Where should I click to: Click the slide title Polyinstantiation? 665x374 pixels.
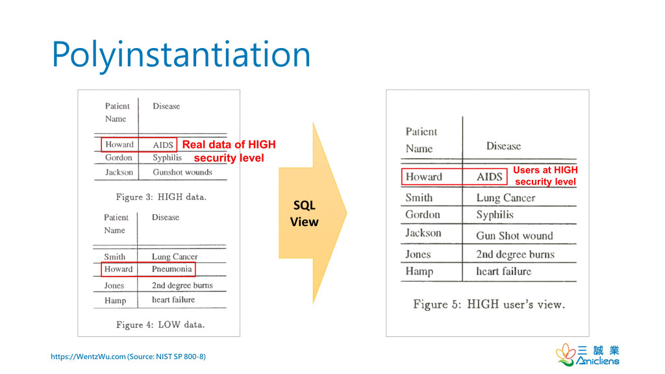(x=181, y=55)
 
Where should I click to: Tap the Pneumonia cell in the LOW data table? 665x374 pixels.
(x=171, y=269)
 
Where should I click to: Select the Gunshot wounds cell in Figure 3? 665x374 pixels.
(x=182, y=172)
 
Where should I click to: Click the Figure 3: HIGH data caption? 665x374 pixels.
(x=161, y=197)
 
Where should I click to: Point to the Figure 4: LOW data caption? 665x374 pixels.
(x=160, y=325)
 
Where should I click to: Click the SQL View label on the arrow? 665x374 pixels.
(x=304, y=213)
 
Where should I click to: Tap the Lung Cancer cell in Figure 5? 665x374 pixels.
(x=505, y=198)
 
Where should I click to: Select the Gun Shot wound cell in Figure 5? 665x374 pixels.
(x=514, y=235)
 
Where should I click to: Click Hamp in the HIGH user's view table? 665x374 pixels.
(x=419, y=271)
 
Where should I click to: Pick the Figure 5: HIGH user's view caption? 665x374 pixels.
(x=489, y=305)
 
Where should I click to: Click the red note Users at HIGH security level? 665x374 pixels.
(x=546, y=176)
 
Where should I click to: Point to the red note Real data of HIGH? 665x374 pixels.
(x=229, y=145)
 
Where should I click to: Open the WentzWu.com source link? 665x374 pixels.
(x=128, y=356)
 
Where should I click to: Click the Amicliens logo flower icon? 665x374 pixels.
(x=566, y=355)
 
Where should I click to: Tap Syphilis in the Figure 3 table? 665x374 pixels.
(x=167, y=158)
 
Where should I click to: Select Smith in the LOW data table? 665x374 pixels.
(x=114, y=256)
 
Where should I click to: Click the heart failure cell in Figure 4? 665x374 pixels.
(x=173, y=300)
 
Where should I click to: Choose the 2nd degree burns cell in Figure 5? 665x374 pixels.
(x=515, y=255)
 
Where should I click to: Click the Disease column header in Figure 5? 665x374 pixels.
(x=503, y=146)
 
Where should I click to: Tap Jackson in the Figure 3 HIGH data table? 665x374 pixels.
(x=119, y=172)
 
